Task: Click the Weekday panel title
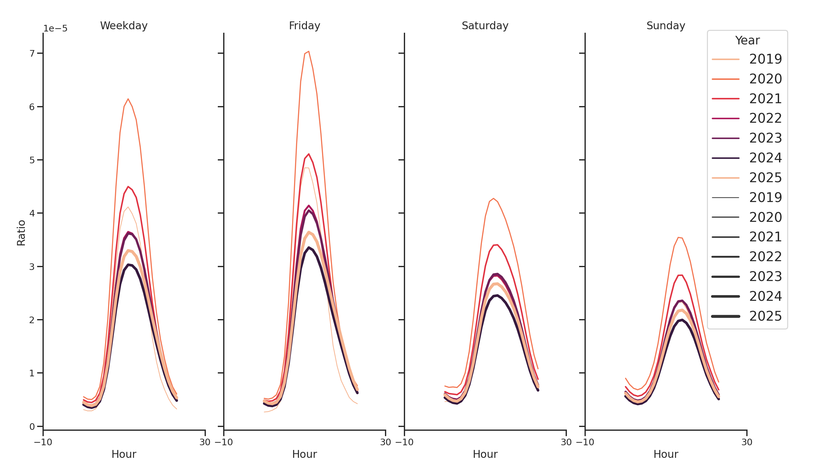point(124,25)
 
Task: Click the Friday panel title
point(304,25)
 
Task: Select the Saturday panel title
point(484,25)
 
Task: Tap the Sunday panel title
point(665,25)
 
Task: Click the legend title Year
point(747,41)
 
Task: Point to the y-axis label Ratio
point(21,233)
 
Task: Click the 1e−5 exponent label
point(55,29)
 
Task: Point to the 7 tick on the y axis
point(32,53)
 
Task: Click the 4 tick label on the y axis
point(32,213)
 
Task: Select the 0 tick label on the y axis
point(32,427)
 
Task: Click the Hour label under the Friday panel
point(304,454)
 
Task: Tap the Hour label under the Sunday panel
point(665,454)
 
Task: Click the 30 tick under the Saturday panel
point(566,442)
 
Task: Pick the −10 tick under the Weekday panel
point(43,442)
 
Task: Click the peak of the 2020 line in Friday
point(308,52)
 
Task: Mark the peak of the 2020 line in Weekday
point(128,99)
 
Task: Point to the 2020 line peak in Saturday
point(493,199)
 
